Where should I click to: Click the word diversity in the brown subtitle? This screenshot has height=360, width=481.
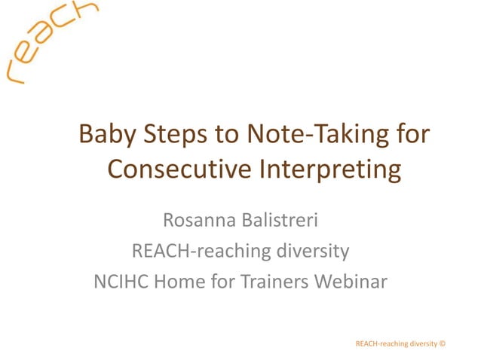tap(309, 252)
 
